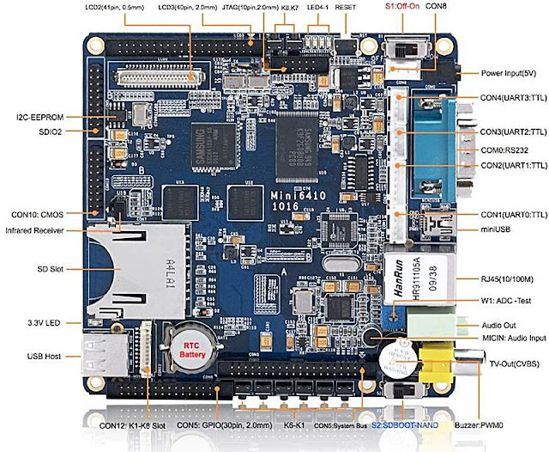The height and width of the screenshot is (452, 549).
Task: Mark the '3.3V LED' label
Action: pos(38,323)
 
